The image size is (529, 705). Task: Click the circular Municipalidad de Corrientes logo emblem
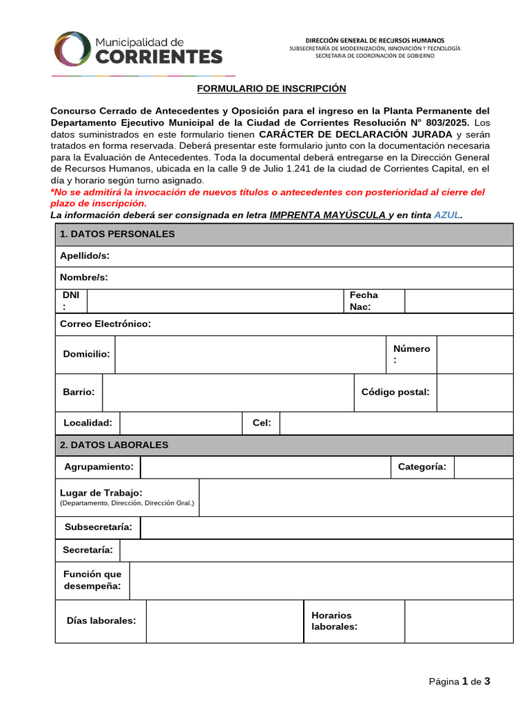click(70, 50)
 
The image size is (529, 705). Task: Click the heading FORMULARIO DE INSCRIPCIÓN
click(271, 89)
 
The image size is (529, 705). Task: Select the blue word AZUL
click(446, 215)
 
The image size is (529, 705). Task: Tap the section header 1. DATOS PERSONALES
click(117, 234)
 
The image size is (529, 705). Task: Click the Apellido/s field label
click(85, 256)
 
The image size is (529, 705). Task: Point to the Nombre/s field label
click(84, 277)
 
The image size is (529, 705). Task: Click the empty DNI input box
click(215, 301)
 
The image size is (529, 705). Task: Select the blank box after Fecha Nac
click(458, 301)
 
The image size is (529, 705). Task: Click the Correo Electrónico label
click(105, 324)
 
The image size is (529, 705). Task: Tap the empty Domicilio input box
click(249, 354)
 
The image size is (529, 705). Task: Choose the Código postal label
click(395, 392)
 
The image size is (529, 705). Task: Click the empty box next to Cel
click(396, 423)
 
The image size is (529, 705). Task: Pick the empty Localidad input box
click(180, 423)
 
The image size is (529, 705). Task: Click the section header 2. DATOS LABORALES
click(114, 445)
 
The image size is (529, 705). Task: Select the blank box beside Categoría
click(483, 467)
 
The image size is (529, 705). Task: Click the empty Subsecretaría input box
click(326, 527)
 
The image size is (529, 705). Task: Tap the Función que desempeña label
click(92, 580)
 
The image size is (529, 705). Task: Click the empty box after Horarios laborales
click(458, 621)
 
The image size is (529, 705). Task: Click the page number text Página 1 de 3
click(459, 682)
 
